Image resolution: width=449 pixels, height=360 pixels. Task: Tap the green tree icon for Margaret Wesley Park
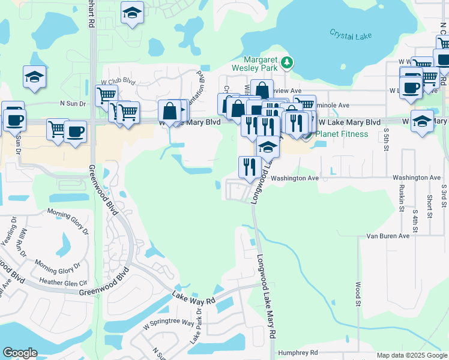[x=288, y=62]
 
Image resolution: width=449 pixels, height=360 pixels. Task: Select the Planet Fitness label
[x=342, y=134]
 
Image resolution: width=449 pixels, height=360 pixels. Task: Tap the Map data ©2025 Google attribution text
[x=411, y=355]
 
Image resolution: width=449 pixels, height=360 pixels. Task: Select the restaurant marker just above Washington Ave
[x=250, y=166]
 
